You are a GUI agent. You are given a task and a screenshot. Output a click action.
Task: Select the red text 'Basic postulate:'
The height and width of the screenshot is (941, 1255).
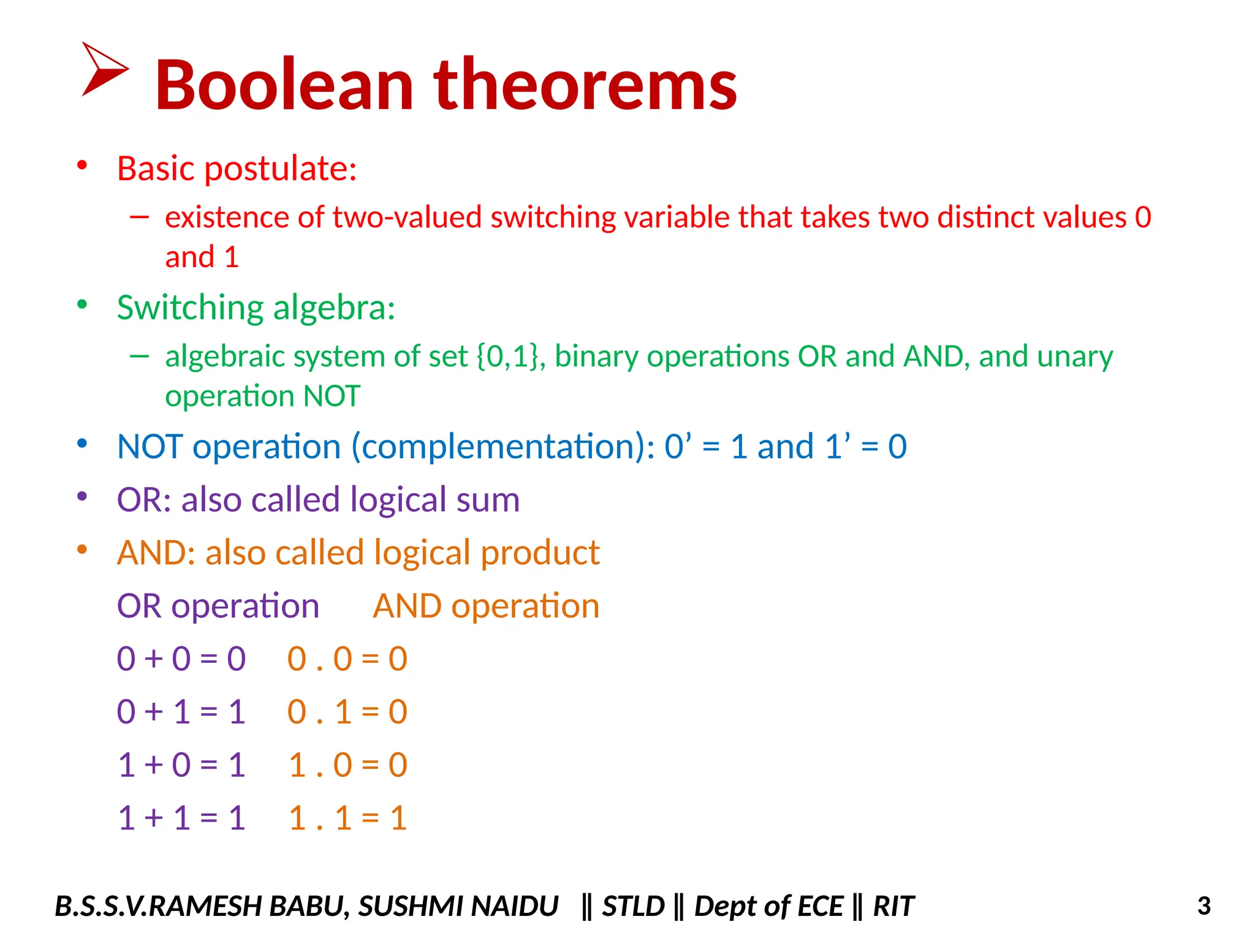click(x=237, y=168)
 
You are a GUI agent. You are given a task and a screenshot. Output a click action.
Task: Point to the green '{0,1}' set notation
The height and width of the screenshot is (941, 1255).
click(x=510, y=357)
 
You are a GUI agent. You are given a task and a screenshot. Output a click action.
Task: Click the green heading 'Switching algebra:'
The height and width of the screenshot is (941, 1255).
click(x=256, y=308)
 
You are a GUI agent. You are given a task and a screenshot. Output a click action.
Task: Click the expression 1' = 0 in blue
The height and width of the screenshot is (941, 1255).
click(x=865, y=447)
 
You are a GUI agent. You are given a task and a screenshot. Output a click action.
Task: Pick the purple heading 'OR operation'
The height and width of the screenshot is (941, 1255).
click(x=218, y=607)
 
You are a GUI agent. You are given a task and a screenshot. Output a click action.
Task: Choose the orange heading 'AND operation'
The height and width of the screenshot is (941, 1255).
click(x=486, y=607)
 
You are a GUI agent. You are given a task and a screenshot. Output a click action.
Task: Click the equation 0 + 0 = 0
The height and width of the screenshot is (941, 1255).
click(x=181, y=659)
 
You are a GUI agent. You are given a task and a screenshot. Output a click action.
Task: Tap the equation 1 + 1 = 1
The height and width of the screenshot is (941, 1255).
click(x=181, y=818)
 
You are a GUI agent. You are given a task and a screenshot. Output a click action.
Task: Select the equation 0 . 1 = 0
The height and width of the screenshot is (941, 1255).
click(x=347, y=712)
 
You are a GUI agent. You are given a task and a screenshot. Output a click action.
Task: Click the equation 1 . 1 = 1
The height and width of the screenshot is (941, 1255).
click(x=347, y=818)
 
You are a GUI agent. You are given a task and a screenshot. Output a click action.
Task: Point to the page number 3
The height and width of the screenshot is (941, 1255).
click(x=1204, y=906)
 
